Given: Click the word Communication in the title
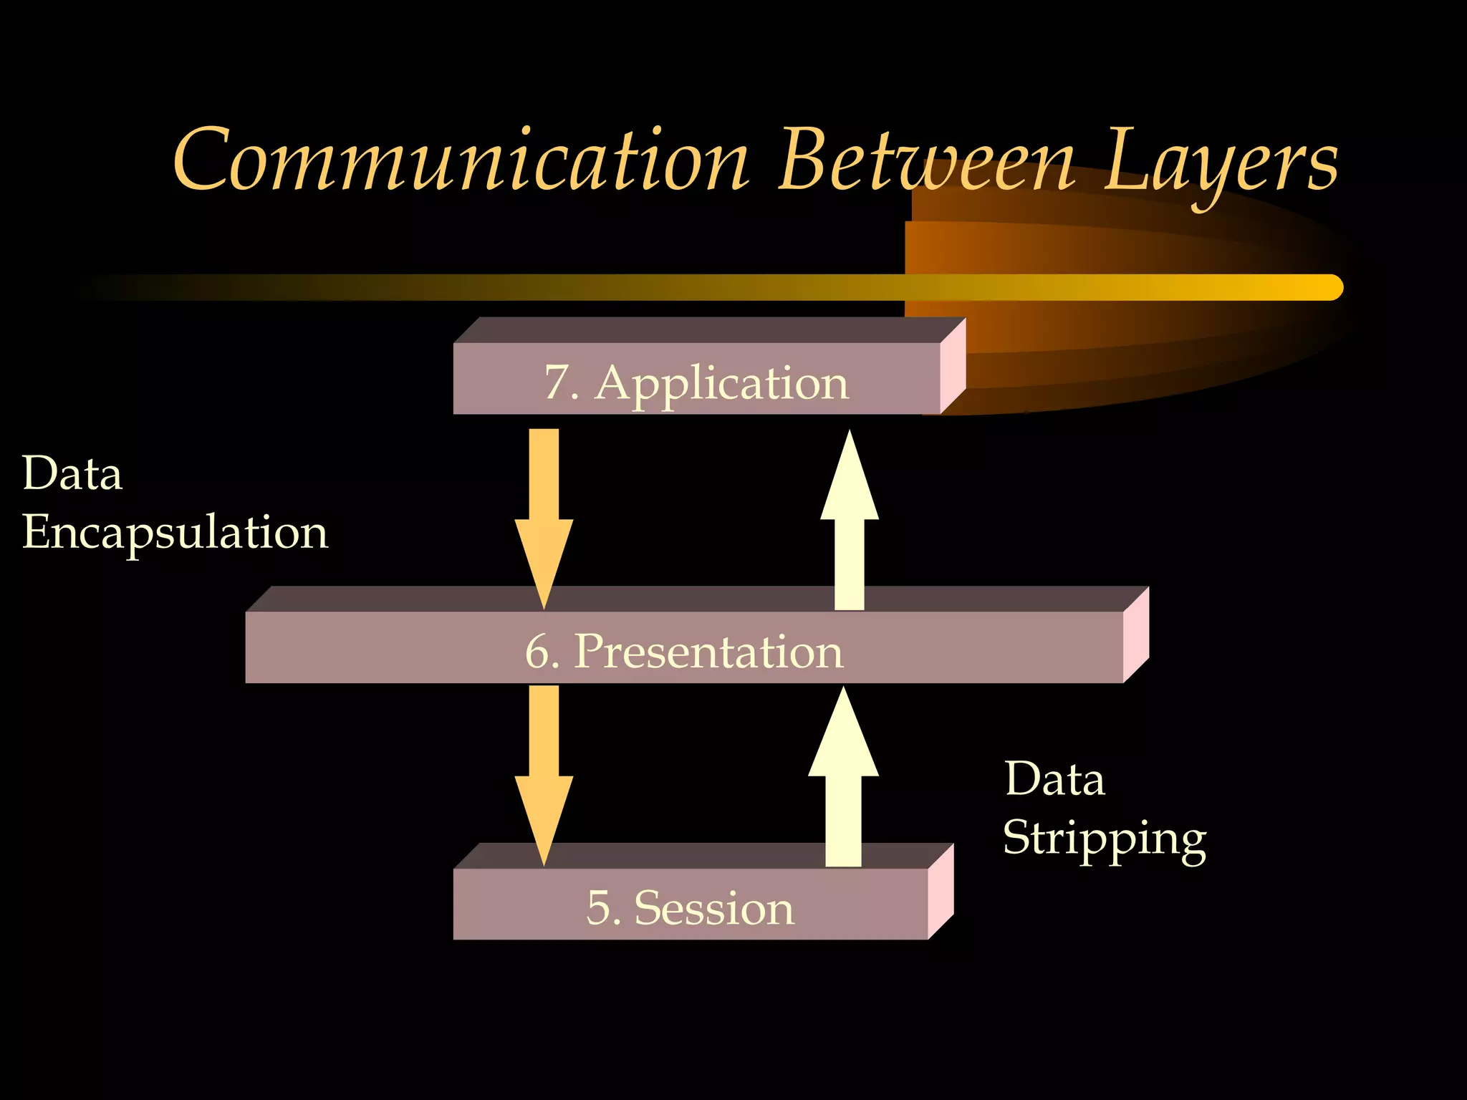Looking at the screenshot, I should click(462, 161).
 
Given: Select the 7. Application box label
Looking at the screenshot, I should click(696, 382).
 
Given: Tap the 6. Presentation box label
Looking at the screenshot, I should click(684, 652).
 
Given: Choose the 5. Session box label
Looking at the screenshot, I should click(690, 908).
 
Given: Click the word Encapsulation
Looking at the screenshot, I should click(175, 534).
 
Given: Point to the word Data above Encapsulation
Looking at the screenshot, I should click(72, 474).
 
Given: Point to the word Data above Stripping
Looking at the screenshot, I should click(1054, 779).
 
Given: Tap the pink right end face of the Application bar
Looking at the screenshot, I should click(953, 366).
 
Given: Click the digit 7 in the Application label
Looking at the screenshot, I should click(557, 382).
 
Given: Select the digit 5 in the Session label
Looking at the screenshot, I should click(598, 908).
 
